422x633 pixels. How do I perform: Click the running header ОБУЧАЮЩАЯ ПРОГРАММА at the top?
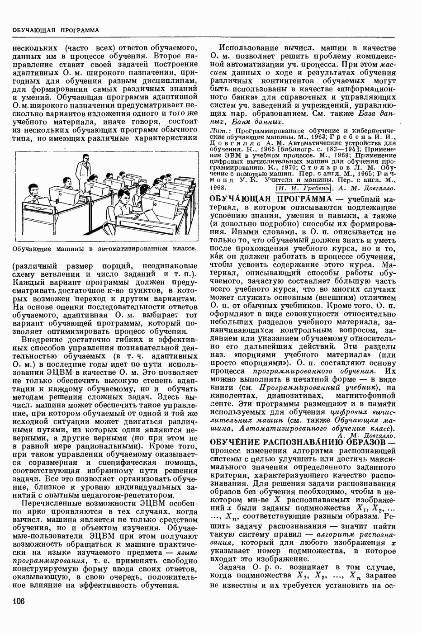pyautogui.click(x=56, y=30)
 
